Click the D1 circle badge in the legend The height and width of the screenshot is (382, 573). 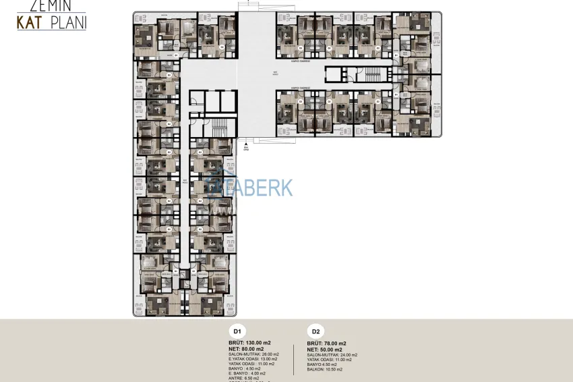[237, 331]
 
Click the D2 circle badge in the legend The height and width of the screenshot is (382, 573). [315, 331]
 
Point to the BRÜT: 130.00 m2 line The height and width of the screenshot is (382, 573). [249, 343]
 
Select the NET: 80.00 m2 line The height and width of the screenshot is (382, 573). [247, 349]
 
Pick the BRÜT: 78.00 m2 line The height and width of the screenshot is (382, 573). [327, 343]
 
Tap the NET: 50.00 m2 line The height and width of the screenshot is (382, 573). [325, 349]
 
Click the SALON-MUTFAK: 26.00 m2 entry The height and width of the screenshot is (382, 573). [253, 354]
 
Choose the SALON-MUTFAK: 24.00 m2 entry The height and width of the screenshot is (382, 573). [332, 354]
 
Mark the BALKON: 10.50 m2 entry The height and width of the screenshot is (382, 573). [324, 369]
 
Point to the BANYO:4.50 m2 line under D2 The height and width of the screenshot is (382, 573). [322, 364]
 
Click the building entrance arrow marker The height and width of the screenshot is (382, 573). [246, 144]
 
